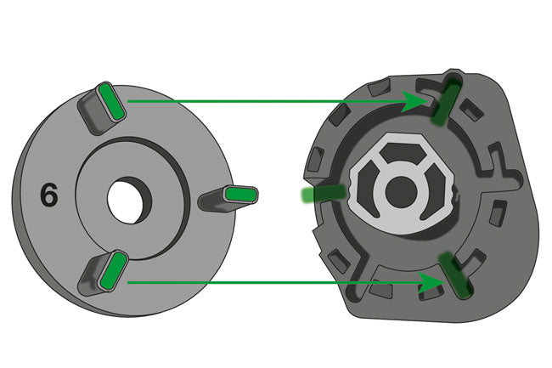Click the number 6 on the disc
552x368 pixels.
[x=49, y=195]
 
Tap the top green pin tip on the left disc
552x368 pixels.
[x=112, y=102]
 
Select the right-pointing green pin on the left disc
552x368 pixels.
[x=241, y=195]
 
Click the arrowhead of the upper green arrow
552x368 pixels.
[x=414, y=101]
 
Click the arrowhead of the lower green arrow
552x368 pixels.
[x=431, y=282]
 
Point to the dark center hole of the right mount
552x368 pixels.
[x=401, y=192]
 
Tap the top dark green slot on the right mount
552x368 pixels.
[x=447, y=102]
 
